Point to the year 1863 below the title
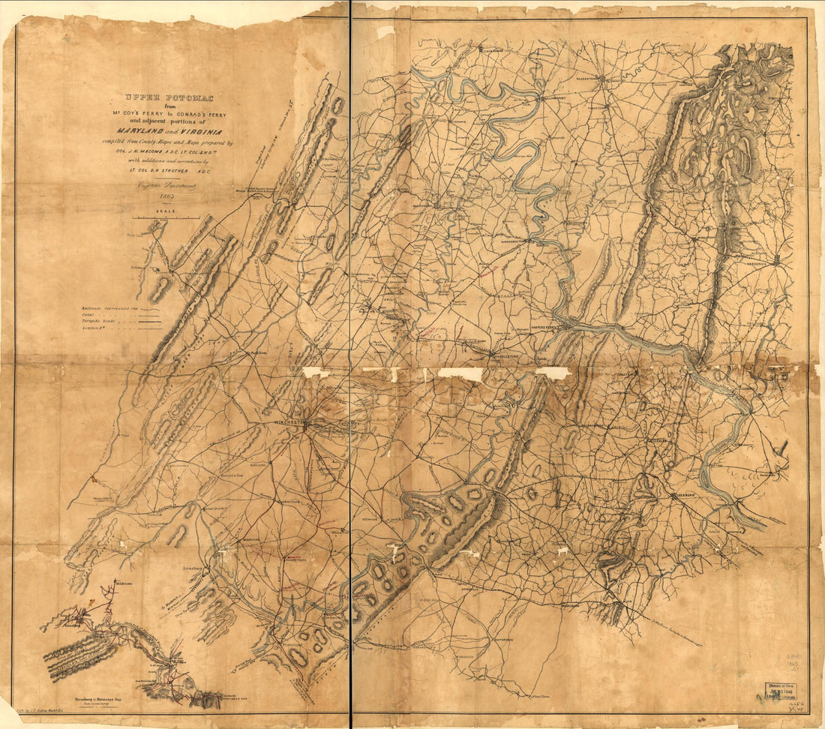tap(159, 195)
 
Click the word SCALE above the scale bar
tap(158, 211)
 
